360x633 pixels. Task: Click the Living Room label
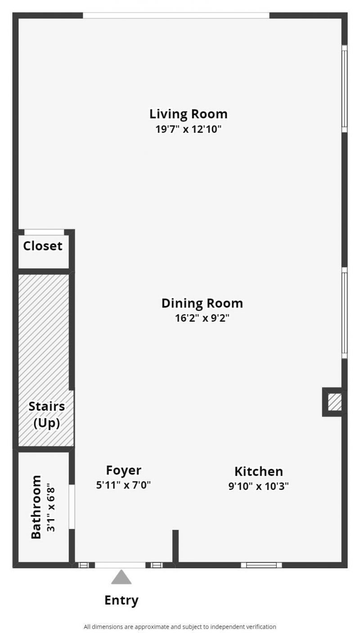coord(188,114)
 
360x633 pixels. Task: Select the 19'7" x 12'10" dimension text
coord(188,130)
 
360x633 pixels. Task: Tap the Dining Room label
coord(202,303)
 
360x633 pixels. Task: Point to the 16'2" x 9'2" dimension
coord(202,319)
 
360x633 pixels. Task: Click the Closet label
coord(43,246)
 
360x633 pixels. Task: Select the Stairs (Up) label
coord(46,414)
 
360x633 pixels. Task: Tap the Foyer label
coord(123,470)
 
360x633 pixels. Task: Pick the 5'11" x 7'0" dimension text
coord(123,485)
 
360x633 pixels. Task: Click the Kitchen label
coord(258,471)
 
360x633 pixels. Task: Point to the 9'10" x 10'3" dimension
coord(258,486)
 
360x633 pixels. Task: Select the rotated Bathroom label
coord(36,507)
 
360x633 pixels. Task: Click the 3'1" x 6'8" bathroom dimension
coord(51,507)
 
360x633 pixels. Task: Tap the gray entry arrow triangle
coord(121,578)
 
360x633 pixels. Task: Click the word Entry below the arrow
coord(121,600)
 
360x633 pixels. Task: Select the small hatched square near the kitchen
coord(334,402)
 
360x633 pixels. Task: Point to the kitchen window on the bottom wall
coord(261,565)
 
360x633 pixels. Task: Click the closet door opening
coord(44,232)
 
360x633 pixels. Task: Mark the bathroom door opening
coord(72,507)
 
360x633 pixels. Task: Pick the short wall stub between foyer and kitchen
coord(175,546)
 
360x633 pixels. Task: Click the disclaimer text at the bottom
coord(180,626)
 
